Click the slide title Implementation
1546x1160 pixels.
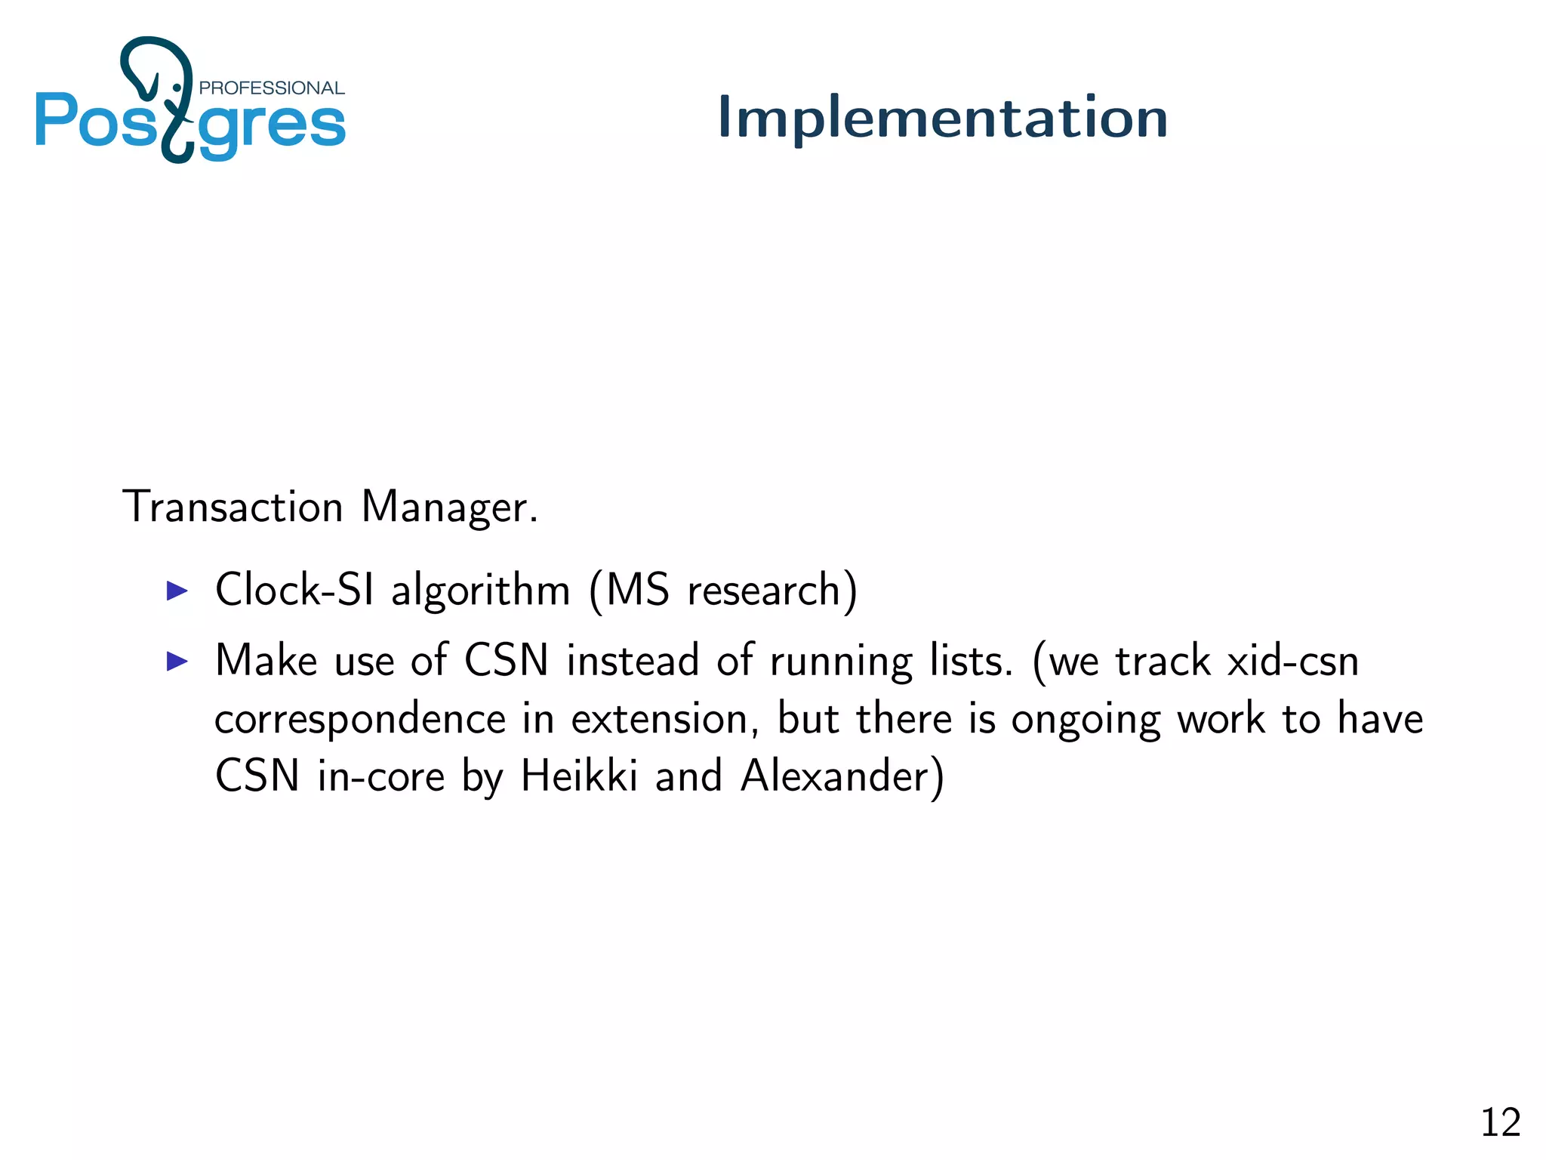942,118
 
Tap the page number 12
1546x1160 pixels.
1500,1122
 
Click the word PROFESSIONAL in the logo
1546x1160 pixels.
272,88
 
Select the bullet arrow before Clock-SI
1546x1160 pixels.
177,591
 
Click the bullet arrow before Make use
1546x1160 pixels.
177,662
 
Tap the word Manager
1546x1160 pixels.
449,507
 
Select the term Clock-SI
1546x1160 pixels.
294,589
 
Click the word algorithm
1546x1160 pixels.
480,591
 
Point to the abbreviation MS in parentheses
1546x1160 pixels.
638,589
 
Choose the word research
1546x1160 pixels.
764,591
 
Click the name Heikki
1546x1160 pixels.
579,776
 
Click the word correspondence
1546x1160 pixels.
360,720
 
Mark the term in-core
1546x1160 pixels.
381,776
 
